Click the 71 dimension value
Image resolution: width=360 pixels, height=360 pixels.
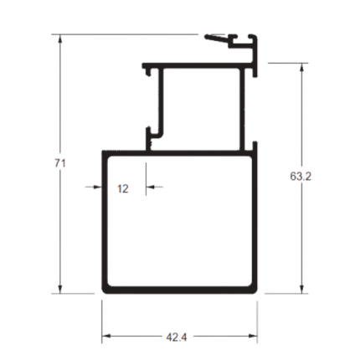coord(60,163)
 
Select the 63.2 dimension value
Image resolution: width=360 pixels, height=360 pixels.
coord(301,177)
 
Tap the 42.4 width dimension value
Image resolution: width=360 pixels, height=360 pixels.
coord(177,337)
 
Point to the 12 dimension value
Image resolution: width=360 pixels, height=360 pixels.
coord(123,189)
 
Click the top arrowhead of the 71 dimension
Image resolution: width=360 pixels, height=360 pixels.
coord(59,39)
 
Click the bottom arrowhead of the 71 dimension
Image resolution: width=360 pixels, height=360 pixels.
coord(59,290)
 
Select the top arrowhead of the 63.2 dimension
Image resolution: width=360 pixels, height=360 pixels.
coord(301,68)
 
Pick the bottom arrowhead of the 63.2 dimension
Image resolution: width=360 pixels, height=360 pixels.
coord(301,290)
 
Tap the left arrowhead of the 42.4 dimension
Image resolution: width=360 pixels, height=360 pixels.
coord(106,336)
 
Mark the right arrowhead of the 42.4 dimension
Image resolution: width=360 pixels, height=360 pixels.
coord(253,336)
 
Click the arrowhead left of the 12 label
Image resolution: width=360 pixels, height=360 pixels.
coord(98,187)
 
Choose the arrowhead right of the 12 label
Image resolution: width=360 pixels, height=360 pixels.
coord(150,187)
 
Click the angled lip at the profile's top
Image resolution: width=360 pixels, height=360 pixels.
coord(216,39)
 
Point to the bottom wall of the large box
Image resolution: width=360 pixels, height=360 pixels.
coord(179,290)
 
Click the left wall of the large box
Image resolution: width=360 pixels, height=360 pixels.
coord(105,222)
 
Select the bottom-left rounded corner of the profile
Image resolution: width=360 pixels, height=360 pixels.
coord(105,291)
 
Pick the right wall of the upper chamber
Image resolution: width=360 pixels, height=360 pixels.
coord(242,110)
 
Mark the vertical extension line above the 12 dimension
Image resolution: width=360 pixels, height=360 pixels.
coord(146,179)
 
